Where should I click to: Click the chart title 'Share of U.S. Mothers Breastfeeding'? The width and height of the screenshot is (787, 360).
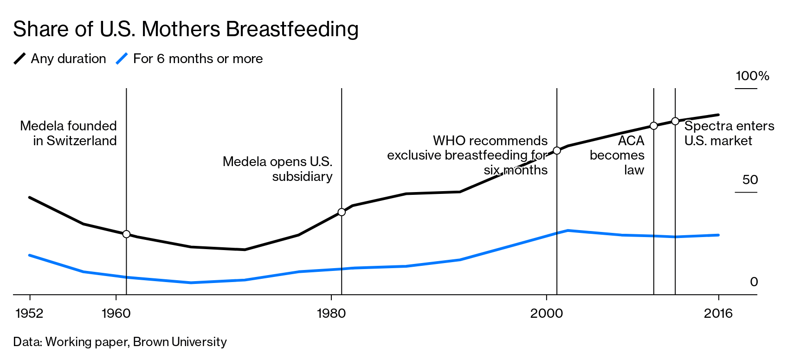click(186, 29)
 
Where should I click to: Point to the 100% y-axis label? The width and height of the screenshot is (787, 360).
click(752, 76)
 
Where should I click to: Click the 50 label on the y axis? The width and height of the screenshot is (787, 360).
click(750, 180)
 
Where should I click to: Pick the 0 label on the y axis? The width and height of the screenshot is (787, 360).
click(754, 282)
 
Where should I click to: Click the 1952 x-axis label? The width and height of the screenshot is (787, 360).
click(29, 314)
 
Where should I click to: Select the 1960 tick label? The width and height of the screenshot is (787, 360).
click(116, 314)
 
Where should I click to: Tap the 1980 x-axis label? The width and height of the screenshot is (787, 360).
click(331, 314)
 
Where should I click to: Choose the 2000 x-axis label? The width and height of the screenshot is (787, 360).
click(546, 314)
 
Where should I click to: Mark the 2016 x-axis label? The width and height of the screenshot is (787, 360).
click(718, 314)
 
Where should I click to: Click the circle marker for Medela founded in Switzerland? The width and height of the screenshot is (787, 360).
click(126, 234)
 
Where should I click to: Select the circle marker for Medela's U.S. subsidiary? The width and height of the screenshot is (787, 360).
click(342, 212)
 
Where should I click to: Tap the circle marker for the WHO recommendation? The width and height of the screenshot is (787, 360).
click(557, 151)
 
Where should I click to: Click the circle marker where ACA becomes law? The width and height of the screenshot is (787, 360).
click(653, 126)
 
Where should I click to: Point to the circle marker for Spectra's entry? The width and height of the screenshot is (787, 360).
click(675, 121)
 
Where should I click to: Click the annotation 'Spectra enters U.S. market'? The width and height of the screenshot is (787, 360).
click(729, 133)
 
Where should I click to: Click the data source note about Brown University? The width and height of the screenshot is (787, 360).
click(120, 342)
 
